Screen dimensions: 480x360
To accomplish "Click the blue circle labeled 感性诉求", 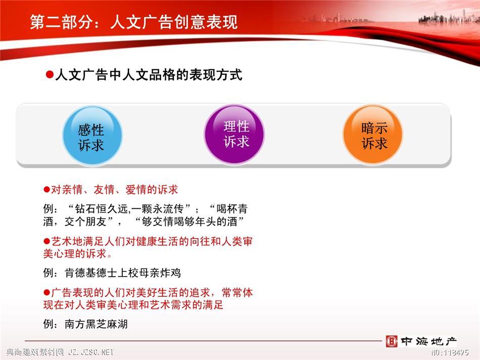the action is [x=92, y=136].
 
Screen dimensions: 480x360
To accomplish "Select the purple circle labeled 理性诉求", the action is [x=234, y=134].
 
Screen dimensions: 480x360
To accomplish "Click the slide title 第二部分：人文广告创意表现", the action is [x=134, y=22].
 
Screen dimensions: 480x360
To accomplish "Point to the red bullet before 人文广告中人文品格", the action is [x=50, y=74].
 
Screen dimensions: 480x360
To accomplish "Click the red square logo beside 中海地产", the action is [x=391, y=341].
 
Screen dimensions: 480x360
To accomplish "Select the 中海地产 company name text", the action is [x=428, y=341].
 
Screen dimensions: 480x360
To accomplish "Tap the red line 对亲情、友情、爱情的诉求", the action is [x=114, y=190].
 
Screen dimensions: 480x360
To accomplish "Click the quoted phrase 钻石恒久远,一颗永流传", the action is [x=129, y=209].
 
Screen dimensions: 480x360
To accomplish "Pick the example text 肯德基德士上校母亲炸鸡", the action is [x=123, y=273].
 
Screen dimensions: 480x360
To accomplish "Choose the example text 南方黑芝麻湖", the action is [x=96, y=324].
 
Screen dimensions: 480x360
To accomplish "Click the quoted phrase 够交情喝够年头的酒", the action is [x=189, y=221].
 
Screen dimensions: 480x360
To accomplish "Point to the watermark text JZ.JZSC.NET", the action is [x=91, y=352].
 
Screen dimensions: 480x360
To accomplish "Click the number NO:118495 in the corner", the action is [x=450, y=352].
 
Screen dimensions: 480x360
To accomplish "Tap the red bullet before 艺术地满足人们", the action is [x=47, y=241].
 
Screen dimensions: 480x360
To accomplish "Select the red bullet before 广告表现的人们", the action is [x=47, y=293].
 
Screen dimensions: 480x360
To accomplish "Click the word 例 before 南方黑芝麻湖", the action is [x=49, y=324].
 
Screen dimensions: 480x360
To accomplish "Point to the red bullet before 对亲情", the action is [x=47, y=190].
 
